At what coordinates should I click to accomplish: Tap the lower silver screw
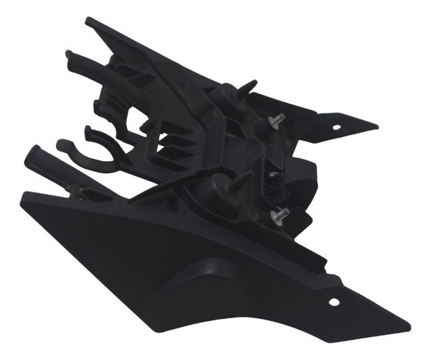(x=280, y=213)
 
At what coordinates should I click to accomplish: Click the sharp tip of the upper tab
(x=376, y=125)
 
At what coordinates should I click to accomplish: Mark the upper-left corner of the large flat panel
(x=24, y=195)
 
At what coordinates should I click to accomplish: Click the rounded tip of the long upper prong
(x=70, y=55)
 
